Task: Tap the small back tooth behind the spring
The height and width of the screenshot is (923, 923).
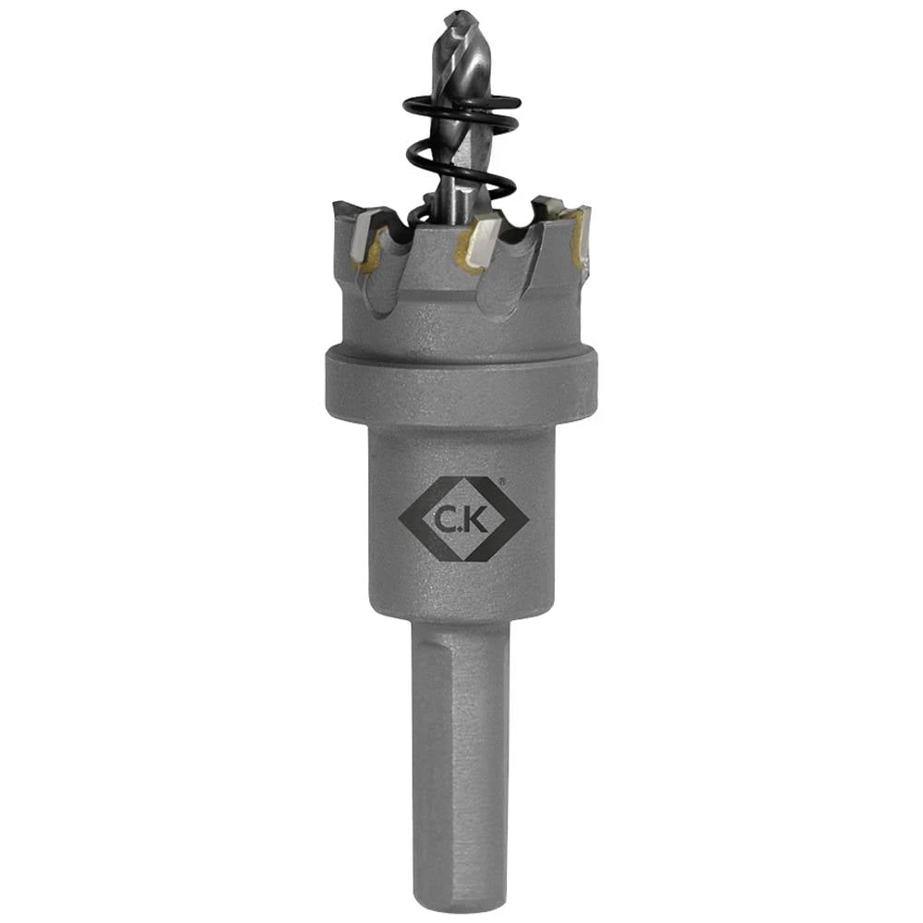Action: [546, 204]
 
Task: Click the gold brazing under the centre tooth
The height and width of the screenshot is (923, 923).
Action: [466, 262]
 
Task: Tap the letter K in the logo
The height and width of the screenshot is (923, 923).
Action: [477, 521]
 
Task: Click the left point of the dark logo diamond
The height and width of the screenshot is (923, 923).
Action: [400, 520]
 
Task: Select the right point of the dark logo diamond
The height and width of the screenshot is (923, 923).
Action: [527, 520]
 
